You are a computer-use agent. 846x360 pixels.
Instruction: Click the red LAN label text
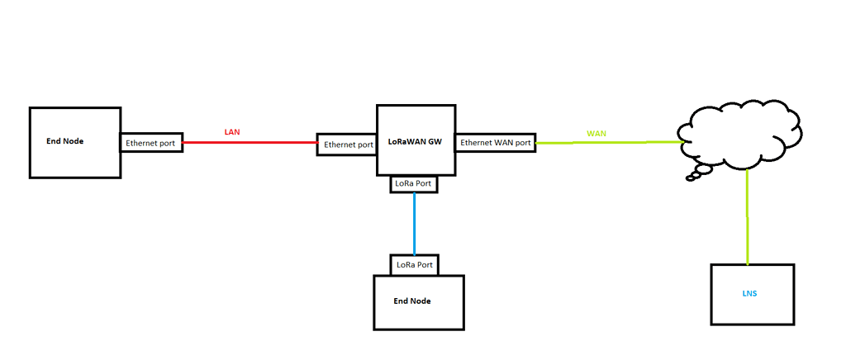tap(232, 132)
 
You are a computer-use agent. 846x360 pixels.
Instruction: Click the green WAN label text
tap(596, 133)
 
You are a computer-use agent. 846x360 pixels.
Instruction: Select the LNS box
tap(752, 295)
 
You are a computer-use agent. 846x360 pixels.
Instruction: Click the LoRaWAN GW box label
tap(415, 142)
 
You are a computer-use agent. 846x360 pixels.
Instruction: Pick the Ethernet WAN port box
tap(496, 143)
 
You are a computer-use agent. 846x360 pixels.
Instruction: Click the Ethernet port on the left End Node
tap(150, 143)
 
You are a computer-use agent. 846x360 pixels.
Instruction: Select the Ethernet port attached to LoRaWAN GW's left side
tap(348, 144)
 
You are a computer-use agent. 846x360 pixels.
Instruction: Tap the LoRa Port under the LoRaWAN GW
tap(414, 183)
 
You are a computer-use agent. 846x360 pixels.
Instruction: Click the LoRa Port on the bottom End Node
tap(414, 265)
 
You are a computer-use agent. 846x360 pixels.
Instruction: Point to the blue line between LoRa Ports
tap(414, 223)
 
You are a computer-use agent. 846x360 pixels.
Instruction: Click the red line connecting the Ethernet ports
tap(248, 143)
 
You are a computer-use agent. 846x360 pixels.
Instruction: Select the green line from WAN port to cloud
tap(607, 142)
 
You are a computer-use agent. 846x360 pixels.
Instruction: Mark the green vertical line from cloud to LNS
tap(747, 215)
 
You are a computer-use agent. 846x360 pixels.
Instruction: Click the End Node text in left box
tap(64, 141)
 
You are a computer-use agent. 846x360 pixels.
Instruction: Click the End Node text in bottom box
tap(411, 301)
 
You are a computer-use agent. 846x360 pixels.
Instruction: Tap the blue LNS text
tap(749, 293)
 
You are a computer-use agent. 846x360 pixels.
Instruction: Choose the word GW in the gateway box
tap(435, 142)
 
